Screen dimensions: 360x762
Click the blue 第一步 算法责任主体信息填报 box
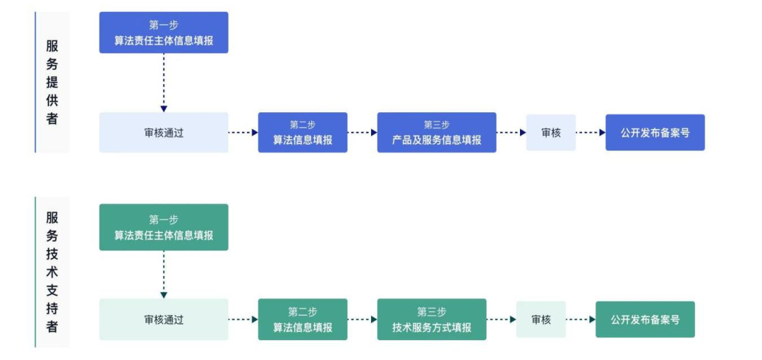coord(164,32)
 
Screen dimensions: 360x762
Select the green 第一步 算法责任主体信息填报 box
coord(164,227)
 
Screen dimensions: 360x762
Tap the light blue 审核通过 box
coord(164,133)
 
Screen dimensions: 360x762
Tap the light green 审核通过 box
coord(164,319)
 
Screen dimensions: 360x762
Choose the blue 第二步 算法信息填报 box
coord(303,133)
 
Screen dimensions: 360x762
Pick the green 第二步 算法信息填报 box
coord(303,319)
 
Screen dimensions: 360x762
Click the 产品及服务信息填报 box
coord(437,133)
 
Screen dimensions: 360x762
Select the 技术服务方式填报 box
coord(432,319)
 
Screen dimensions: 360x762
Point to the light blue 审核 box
coord(550,133)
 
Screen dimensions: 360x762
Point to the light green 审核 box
coord(540,319)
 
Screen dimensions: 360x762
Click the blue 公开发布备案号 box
coord(655,133)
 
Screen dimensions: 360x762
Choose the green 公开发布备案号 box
coord(645,319)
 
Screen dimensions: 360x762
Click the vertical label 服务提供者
coord(52,82)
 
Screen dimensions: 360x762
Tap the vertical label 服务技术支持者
coord(52,272)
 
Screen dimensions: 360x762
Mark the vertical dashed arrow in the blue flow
coord(164,83)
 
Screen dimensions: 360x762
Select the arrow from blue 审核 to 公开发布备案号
coord(591,133)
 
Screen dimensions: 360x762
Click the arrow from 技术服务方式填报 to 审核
coord(501,319)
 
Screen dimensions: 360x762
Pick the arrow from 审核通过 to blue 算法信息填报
coord(243,133)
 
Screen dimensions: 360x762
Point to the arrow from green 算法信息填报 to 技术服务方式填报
coord(362,319)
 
